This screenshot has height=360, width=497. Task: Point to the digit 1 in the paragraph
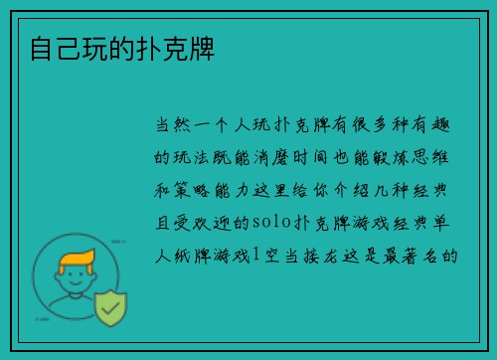256,257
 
